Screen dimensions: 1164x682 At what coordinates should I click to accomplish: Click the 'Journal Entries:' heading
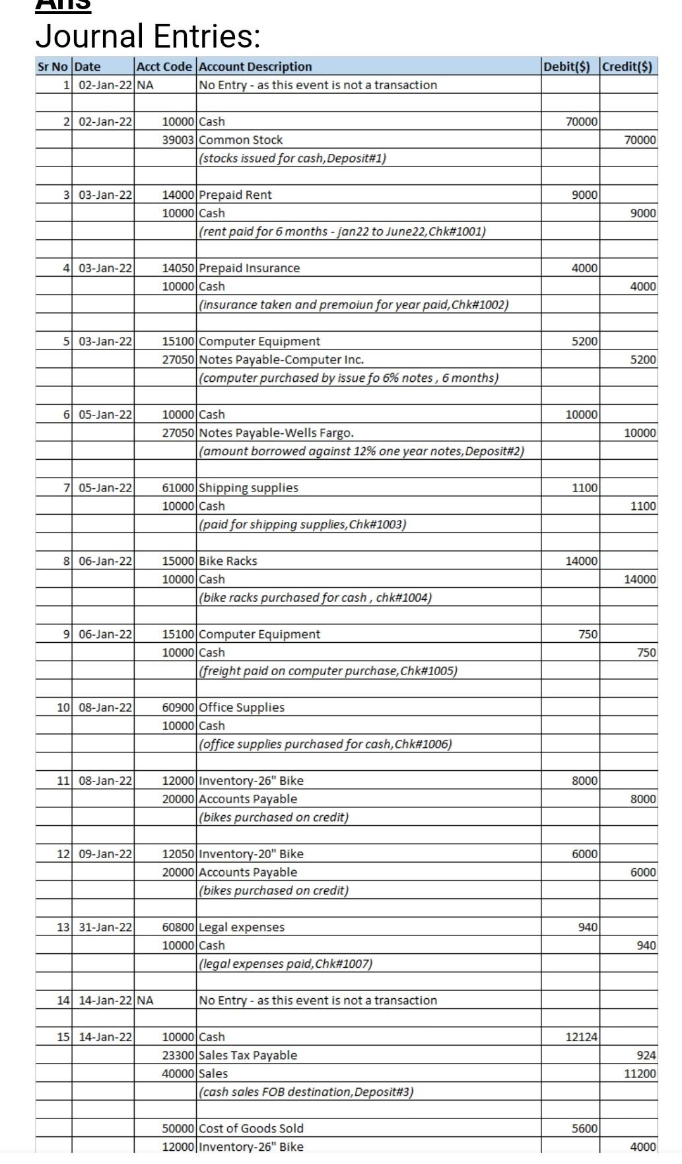(148, 36)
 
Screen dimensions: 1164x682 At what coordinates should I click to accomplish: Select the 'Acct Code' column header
(164, 67)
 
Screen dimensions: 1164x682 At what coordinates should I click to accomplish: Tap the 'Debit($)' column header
(570, 67)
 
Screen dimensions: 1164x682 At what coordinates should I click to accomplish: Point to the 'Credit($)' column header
(628, 67)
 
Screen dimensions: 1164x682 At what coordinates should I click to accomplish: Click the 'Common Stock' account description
(241, 140)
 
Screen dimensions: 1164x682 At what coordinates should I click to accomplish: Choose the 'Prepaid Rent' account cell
(235, 195)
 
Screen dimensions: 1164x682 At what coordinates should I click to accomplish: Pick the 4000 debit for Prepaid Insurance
(584, 268)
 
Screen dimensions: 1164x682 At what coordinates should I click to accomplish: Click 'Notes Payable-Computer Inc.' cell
(281, 360)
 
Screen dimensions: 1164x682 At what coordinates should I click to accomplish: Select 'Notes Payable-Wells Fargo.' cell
(277, 433)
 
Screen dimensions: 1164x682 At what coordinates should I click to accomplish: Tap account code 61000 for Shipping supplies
(178, 488)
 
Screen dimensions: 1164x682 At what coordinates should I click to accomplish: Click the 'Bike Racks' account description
(228, 562)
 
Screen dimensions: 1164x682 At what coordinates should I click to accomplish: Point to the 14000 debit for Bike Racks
(581, 562)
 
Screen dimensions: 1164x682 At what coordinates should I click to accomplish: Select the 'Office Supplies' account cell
(242, 708)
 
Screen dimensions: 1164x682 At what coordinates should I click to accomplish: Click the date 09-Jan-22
(106, 854)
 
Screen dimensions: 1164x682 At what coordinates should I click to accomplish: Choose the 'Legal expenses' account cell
(242, 928)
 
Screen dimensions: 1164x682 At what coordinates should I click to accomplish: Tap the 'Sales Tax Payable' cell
(248, 1056)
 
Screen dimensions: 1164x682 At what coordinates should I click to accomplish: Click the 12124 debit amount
(581, 1037)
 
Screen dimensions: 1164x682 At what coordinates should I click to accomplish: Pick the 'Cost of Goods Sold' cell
(252, 1128)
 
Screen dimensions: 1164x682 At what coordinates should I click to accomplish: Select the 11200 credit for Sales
(640, 1074)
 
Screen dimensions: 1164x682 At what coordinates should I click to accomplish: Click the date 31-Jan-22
(106, 928)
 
